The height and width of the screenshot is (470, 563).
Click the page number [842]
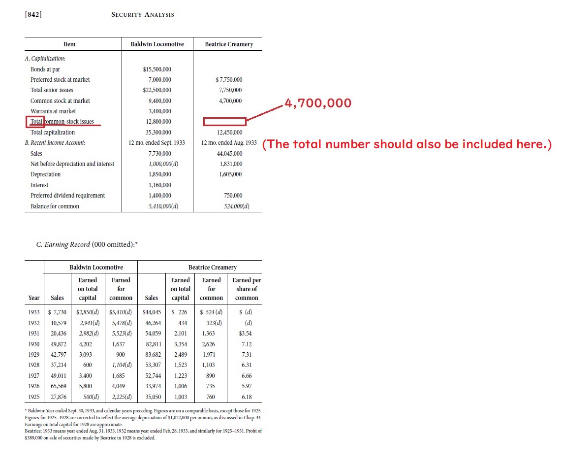pyautogui.click(x=33, y=14)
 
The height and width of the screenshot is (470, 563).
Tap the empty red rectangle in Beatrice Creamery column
pyautogui.click(x=224, y=122)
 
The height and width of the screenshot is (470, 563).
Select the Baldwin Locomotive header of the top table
pyautogui.click(x=157, y=44)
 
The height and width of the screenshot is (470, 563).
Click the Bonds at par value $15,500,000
pyautogui.click(x=157, y=69)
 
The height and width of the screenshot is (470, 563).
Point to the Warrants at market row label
pyautogui.click(x=53, y=111)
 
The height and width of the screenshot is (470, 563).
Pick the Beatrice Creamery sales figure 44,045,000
pyautogui.click(x=229, y=154)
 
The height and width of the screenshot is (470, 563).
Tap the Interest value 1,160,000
pyautogui.click(x=159, y=185)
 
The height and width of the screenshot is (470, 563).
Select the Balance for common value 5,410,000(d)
pyautogui.click(x=160, y=206)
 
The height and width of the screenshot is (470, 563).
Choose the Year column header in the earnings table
pyautogui.click(x=34, y=298)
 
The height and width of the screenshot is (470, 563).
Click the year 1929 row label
pyautogui.click(x=34, y=355)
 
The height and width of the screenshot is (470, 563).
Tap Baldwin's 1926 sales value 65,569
pyautogui.click(x=57, y=386)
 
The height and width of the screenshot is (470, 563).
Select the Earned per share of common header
pyautogui.click(x=247, y=289)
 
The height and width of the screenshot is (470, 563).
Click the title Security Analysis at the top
pyautogui.click(x=143, y=14)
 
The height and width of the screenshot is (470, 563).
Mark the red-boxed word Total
pyautogui.click(x=36, y=122)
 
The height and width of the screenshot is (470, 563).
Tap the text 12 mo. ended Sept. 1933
pyautogui.click(x=156, y=143)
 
